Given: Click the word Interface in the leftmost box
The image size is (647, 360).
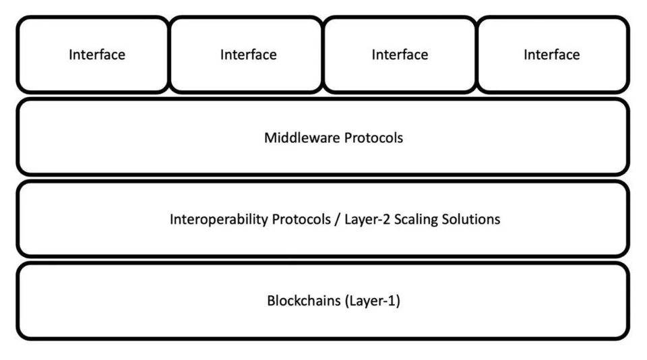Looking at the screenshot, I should tap(96, 55).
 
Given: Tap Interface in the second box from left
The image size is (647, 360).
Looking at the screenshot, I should tap(248, 55).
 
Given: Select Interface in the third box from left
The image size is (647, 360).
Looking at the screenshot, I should tap(400, 55).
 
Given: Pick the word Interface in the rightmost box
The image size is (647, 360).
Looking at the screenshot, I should tap(551, 55).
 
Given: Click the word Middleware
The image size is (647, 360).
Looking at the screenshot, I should tap(303, 138).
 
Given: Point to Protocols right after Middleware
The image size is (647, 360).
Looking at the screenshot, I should tap(374, 138).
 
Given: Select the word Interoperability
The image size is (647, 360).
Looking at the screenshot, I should tap(211, 220).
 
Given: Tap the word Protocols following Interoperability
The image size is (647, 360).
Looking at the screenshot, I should tap(285, 220).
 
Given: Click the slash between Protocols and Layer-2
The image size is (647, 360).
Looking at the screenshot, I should tap(319, 220).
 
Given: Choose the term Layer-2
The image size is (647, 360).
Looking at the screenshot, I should tap(346, 220).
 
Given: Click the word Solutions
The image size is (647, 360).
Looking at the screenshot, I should tap(467, 220).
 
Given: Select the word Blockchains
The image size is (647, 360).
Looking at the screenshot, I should tap(304, 301).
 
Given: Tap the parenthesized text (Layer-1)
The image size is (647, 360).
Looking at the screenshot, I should tap(373, 301).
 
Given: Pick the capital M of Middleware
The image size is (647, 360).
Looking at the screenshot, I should tap(270, 138).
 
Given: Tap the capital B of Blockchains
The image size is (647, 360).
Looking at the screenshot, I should tap(271, 301).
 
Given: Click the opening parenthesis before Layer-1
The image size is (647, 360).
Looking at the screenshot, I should tap(348, 301).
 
